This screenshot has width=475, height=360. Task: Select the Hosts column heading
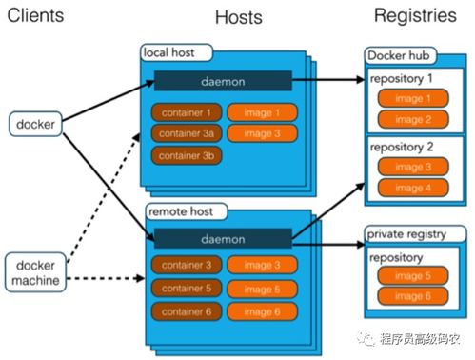click(x=239, y=18)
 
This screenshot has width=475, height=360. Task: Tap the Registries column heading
click(x=414, y=16)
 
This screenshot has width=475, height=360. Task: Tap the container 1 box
click(x=186, y=112)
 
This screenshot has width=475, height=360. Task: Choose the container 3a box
click(x=186, y=133)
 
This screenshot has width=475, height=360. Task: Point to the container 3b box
click(x=186, y=155)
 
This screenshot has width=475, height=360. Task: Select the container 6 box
click(x=186, y=311)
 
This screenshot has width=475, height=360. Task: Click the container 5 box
click(x=186, y=289)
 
